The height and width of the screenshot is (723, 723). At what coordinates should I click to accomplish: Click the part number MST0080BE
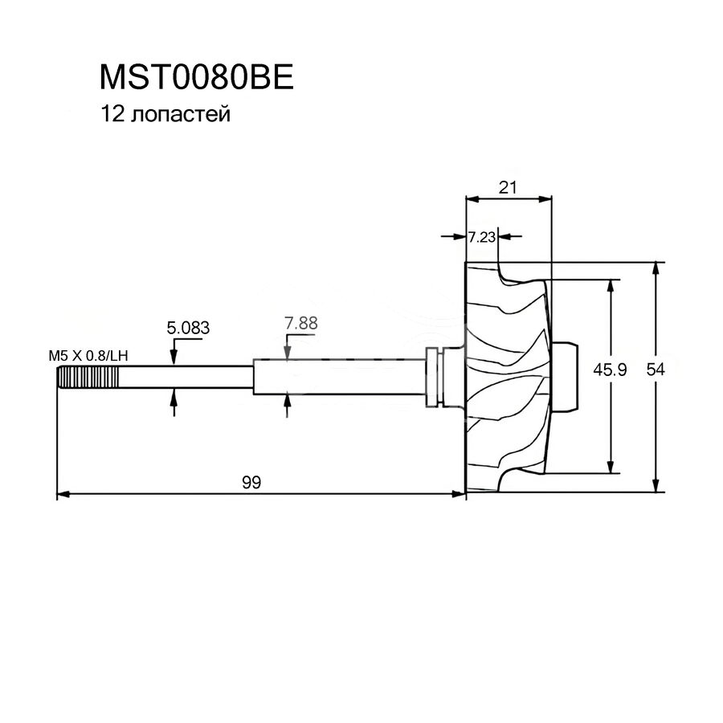coord(198,78)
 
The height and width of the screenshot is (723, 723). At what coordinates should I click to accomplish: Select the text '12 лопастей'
coord(165,115)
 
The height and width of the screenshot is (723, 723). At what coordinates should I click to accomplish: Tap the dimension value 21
coord(507,187)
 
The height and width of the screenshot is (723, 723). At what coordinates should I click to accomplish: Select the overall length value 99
coord(252,482)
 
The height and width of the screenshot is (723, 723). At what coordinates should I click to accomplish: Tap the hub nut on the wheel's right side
coord(566,376)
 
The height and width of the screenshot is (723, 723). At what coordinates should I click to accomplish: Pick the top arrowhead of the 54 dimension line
coord(658,268)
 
